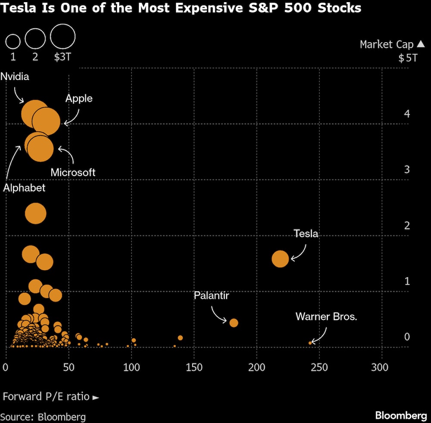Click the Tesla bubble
pyautogui.click(x=280, y=259)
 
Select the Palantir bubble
pyautogui.click(x=234, y=323)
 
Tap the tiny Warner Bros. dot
pyautogui.click(x=310, y=343)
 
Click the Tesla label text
pyautogui.click(x=306, y=234)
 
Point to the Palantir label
pyautogui.click(x=211, y=296)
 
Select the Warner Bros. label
pyautogui.click(x=326, y=317)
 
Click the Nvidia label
pyautogui.click(x=15, y=77)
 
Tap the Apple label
pyautogui.click(x=79, y=99)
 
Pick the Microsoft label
pyautogui.click(x=73, y=173)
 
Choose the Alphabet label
pyautogui.click(x=24, y=188)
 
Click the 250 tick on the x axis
pyautogui.click(x=319, y=367)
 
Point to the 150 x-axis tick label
pyautogui.click(x=194, y=367)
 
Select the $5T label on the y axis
pyautogui.click(x=408, y=58)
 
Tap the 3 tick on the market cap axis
pyautogui.click(x=407, y=170)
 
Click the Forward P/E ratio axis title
pyautogui.click(x=47, y=396)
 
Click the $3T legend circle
pyautogui.click(x=63, y=37)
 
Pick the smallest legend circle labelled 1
pyautogui.click(x=13, y=41)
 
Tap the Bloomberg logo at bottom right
pyautogui.click(x=400, y=416)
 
